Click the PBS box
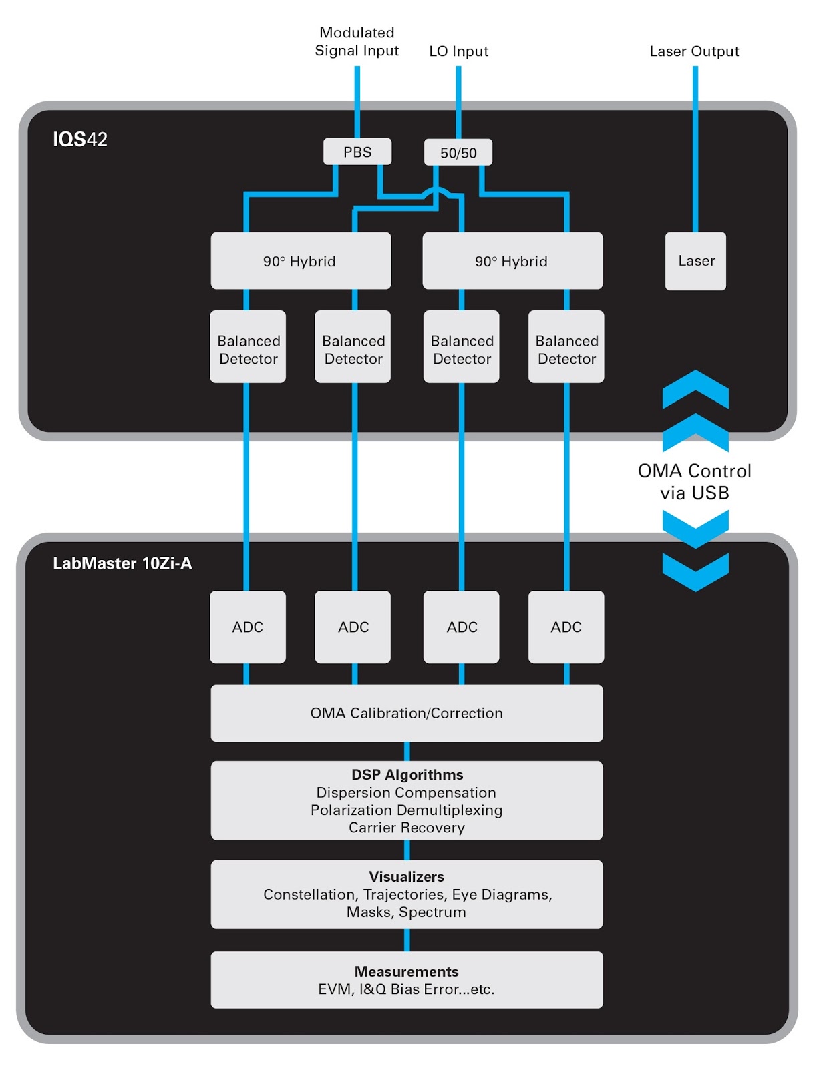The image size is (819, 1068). [x=357, y=152]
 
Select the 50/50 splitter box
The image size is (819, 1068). [x=458, y=152]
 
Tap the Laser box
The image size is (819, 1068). [x=695, y=261]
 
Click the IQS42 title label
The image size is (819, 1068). [x=80, y=139]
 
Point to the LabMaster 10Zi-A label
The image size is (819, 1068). [x=122, y=563]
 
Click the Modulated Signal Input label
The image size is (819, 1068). [x=357, y=41]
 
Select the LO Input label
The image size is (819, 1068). [x=458, y=51]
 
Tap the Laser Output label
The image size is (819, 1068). [x=694, y=51]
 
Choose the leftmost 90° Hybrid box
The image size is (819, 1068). [x=301, y=261]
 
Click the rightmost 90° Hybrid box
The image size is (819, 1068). [x=512, y=261]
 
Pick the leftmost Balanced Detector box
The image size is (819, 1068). [x=248, y=347]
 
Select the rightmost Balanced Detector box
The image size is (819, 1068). [x=566, y=347]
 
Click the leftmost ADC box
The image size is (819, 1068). [x=248, y=627]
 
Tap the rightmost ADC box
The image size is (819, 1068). [x=566, y=627]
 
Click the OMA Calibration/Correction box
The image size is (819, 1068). [x=406, y=713]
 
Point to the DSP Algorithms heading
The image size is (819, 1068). [x=407, y=774]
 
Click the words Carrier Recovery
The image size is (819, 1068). [x=406, y=828]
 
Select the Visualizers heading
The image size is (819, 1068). [x=406, y=876]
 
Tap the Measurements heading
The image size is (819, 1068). [x=406, y=971]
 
